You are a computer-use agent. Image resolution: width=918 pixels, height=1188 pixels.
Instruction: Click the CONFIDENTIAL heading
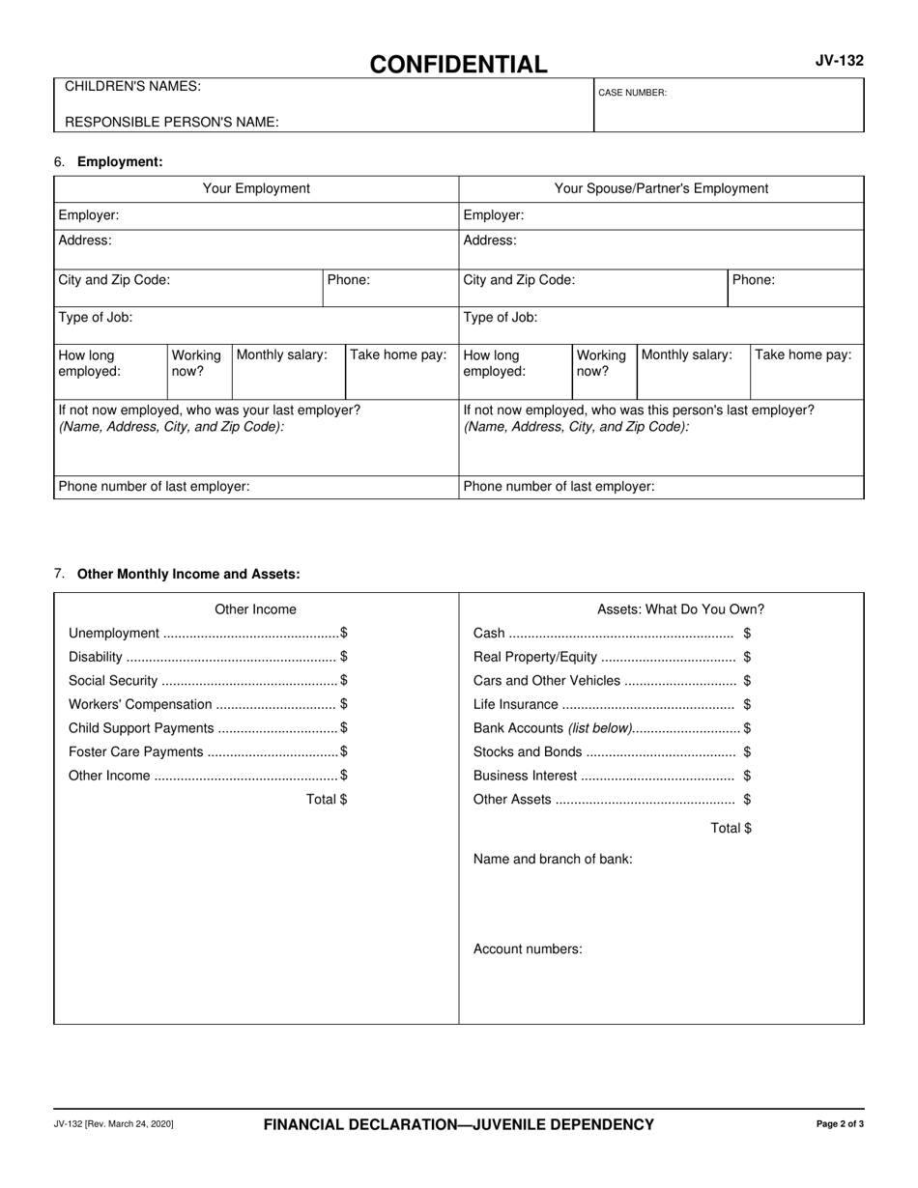[458, 65]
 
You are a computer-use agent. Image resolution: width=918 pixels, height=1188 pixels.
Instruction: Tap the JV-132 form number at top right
[839, 61]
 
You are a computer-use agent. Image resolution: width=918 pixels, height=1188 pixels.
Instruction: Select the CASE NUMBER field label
[632, 93]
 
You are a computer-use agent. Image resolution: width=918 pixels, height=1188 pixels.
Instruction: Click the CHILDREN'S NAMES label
[132, 87]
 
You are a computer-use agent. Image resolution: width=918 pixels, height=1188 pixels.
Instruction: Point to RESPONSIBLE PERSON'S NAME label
[171, 123]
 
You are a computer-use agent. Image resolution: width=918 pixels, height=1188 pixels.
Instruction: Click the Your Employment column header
[256, 188]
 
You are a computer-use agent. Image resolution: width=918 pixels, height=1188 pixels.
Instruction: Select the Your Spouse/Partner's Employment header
[661, 188]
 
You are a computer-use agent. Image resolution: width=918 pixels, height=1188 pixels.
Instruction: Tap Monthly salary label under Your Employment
[282, 355]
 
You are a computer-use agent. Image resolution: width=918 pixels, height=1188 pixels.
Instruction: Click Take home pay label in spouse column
[803, 355]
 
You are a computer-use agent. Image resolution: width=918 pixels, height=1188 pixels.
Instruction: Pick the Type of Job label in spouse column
[501, 318]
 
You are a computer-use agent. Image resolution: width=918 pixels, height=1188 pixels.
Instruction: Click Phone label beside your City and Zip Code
[349, 280]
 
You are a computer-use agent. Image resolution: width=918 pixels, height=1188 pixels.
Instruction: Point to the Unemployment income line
[208, 634]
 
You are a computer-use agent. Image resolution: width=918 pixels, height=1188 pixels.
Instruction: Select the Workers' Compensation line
[208, 705]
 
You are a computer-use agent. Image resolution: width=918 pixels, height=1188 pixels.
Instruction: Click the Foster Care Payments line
[208, 752]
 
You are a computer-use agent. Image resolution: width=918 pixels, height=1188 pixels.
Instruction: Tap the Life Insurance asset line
[612, 705]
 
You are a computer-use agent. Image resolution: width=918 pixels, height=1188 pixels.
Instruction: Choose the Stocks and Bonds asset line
[612, 752]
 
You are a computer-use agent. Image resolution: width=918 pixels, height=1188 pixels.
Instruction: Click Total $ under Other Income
[327, 800]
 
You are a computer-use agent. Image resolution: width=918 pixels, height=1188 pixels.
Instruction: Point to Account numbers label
[528, 949]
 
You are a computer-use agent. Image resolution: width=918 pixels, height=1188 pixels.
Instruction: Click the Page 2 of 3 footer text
[840, 1124]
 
